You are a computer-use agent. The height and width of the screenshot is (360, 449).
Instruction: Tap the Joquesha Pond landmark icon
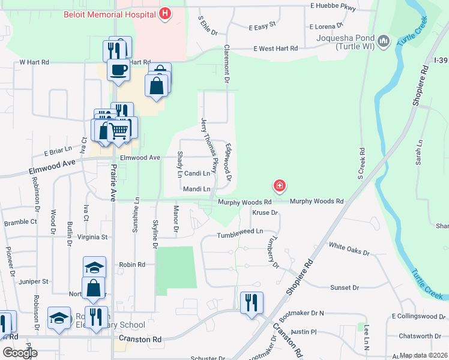click(384, 41)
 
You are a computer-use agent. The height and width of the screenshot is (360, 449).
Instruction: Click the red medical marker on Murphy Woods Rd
click(279, 185)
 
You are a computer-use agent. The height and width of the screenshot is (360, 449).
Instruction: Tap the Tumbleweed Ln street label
click(240, 232)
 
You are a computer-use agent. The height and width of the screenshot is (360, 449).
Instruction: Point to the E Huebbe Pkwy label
click(333, 6)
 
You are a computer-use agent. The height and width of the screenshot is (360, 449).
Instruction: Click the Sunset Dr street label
click(344, 288)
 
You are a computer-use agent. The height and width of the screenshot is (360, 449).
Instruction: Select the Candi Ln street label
click(197, 173)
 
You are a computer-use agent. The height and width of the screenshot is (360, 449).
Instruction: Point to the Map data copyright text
click(423, 355)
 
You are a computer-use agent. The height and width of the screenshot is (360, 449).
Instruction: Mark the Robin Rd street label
click(133, 264)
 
